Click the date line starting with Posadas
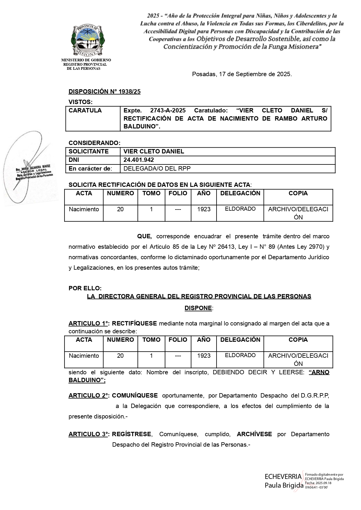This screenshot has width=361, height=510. coord(242,74)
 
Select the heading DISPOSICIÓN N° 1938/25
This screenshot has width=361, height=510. coord(104,92)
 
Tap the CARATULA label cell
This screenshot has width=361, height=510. coord(85,110)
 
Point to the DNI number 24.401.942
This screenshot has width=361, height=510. coord(139,160)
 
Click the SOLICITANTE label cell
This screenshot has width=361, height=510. coord(88,151)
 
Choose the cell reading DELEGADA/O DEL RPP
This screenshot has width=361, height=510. coord(157,169)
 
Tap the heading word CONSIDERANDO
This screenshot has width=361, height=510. coord(94,143)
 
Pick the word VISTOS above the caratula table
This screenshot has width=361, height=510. coord(80,102)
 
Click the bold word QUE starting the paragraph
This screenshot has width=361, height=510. coord(144,237)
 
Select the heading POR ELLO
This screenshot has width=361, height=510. coord(85,288)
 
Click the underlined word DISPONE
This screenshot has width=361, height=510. coord(198,308)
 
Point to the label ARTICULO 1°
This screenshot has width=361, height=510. coord(88,323)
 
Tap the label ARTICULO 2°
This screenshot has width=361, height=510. coord(88,396)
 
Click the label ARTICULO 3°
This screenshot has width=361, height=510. coord(88,434)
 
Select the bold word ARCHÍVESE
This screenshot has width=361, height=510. coord(254,434)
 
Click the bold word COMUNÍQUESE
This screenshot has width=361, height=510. coord(135,396)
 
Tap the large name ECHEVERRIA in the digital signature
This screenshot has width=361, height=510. coord(283,477)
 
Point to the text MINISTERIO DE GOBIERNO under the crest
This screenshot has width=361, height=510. coord(86,60)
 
